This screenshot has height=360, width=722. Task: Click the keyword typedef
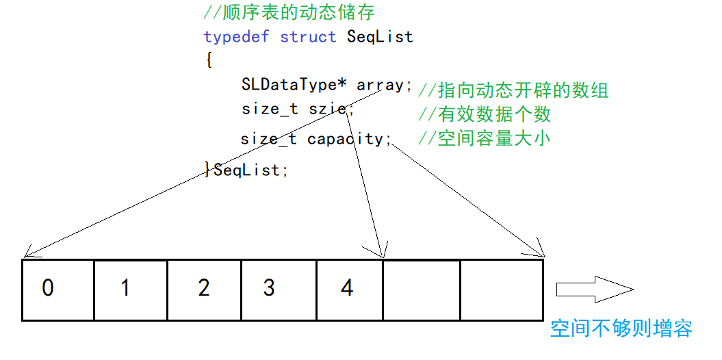236,36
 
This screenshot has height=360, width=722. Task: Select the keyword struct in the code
308,36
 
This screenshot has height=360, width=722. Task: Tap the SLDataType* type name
294,85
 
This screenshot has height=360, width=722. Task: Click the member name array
381,85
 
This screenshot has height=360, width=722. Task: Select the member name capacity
346,139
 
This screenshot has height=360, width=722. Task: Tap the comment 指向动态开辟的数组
513,90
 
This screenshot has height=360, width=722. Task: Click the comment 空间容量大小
485,139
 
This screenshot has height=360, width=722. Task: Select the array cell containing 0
58,289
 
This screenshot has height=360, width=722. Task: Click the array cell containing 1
131,289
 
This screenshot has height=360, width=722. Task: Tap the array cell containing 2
205,289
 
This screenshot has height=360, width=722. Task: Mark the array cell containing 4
349,289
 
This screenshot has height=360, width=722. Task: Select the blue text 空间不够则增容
621,329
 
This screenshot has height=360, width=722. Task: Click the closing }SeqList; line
246,170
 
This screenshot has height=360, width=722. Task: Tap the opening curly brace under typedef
208,60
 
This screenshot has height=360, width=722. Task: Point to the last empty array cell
502,289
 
